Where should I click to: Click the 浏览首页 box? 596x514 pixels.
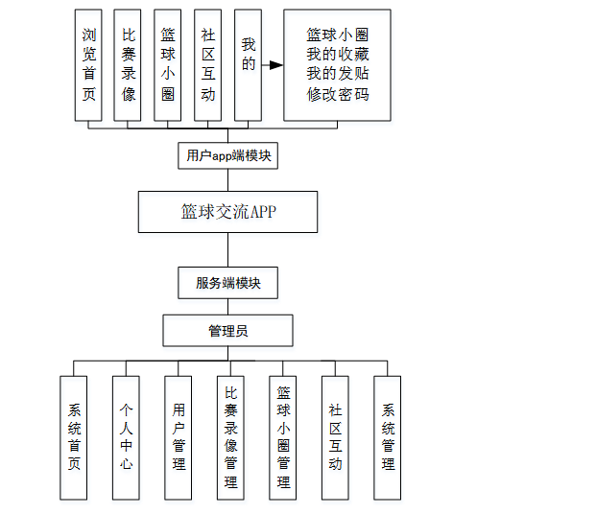89,65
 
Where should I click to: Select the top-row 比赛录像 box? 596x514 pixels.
129,65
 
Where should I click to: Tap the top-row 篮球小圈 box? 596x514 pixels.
168,65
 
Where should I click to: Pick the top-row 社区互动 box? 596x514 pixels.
207,65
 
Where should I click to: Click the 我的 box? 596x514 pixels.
248,65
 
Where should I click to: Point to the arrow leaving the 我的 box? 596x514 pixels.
273,65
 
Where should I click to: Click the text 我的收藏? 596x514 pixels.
338,54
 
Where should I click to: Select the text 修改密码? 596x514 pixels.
338,94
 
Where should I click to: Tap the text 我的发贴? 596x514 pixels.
338,74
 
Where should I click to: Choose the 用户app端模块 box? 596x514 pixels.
227,155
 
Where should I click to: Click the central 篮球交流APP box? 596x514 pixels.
227,212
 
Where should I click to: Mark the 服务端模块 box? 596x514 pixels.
227,283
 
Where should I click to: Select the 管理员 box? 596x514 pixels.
227,331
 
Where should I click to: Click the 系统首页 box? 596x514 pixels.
75,437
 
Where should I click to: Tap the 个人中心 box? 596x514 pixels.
127,437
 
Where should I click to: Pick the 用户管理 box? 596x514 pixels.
179,437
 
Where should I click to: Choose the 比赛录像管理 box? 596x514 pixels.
230,437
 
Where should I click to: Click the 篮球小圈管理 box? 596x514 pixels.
283,437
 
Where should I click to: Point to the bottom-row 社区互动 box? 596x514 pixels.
335,437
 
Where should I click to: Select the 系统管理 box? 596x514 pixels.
388,437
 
